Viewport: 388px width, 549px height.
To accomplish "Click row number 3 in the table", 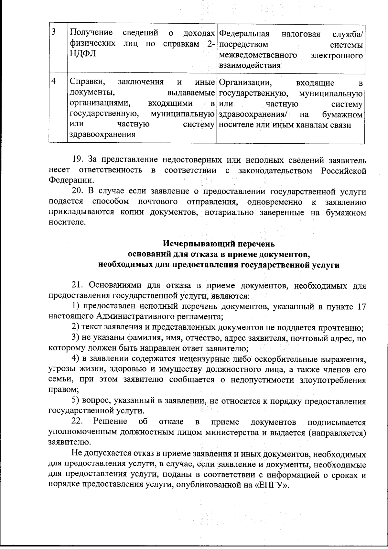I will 54,33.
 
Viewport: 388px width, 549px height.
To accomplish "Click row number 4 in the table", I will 54,82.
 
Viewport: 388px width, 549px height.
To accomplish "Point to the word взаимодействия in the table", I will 250,65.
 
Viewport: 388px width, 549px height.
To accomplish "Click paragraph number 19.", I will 78,160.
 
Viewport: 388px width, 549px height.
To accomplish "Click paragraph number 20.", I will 78,192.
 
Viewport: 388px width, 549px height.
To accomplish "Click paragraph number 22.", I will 77,422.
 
